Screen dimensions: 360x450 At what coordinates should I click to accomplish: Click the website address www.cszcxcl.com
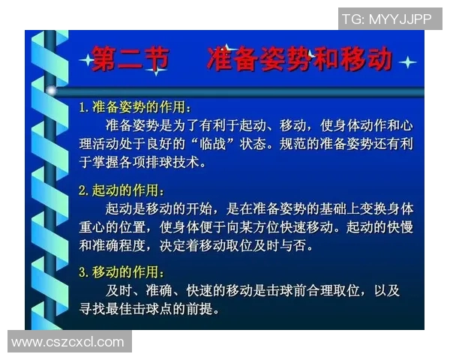(x=67, y=343)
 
